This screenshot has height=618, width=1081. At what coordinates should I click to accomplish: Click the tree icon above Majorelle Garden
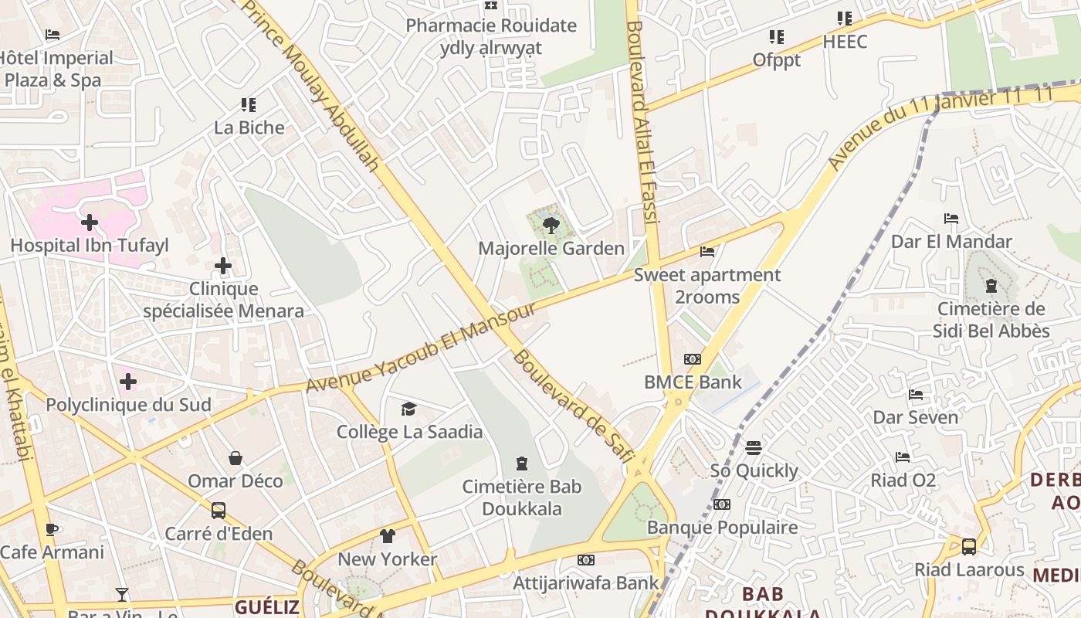coord(551,225)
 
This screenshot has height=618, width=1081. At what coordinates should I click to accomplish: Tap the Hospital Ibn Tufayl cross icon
coord(90,222)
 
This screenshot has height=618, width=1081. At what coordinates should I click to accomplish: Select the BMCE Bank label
coord(693,382)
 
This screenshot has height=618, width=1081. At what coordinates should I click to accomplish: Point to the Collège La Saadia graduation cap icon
coord(408,409)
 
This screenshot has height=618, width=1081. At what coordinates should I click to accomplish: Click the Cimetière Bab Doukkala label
coord(522,497)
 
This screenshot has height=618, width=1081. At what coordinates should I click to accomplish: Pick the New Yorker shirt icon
coord(388,536)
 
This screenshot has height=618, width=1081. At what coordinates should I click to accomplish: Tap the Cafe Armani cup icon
coord(52,529)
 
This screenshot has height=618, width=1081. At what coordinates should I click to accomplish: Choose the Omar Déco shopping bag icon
coord(236,458)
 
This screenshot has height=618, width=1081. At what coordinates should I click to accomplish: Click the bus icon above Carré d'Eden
coord(219,511)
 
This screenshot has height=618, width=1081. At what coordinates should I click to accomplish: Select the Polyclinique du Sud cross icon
coord(128,382)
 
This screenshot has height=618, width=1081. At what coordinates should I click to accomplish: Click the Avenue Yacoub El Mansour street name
coord(421,347)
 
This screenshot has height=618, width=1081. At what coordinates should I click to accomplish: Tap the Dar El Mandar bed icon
coord(951,219)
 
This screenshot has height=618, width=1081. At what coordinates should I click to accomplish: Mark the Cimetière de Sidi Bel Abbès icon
coord(991,287)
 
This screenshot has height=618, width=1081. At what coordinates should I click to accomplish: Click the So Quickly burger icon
coord(754,448)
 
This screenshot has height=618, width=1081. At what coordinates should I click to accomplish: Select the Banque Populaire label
coord(723,528)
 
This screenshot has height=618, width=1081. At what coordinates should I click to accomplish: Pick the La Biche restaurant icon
coord(248,104)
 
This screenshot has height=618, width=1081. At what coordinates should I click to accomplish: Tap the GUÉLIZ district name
coord(267,606)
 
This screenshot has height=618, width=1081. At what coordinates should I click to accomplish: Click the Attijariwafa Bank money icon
coord(586,560)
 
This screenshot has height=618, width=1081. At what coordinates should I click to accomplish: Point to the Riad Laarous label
coord(969,570)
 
